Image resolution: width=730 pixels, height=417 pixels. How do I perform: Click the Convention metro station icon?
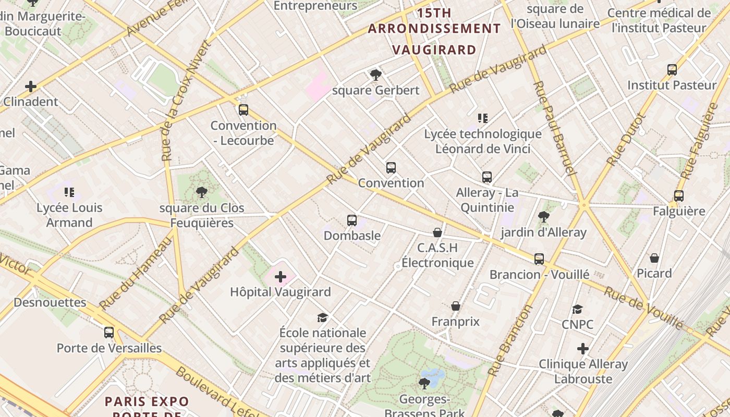(391, 168)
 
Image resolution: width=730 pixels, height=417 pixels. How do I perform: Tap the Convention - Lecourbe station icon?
(243, 110)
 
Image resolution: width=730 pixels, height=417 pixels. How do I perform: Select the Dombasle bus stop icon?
(352, 220)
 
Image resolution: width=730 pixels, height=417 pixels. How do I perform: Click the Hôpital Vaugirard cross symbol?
(281, 277)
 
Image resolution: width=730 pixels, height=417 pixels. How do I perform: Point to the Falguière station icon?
(678, 196)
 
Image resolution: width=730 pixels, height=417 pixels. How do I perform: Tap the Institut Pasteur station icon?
(672, 70)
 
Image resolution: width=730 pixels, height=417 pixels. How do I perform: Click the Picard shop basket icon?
(654, 258)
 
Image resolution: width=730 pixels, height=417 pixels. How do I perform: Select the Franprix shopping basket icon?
(456, 306)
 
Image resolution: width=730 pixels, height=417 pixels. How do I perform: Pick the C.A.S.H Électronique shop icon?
(437, 232)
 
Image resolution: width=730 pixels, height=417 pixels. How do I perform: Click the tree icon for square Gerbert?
(375, 75)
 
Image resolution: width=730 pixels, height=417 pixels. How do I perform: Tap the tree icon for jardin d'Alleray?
(544, 216)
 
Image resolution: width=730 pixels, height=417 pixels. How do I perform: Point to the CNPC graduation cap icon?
(577, 309)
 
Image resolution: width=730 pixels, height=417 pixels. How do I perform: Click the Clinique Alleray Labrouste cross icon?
(583, 349)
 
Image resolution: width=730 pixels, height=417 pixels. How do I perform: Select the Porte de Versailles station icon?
(109, 333)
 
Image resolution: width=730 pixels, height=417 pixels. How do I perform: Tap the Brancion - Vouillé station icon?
(539, 259)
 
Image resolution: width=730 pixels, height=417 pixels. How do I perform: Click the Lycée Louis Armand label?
(69, 215)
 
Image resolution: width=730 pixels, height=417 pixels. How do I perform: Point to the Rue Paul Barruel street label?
(555, 128)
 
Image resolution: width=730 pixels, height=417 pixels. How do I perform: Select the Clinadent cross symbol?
(31, 86)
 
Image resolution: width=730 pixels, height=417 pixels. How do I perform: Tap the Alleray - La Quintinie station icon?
(486, 177)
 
